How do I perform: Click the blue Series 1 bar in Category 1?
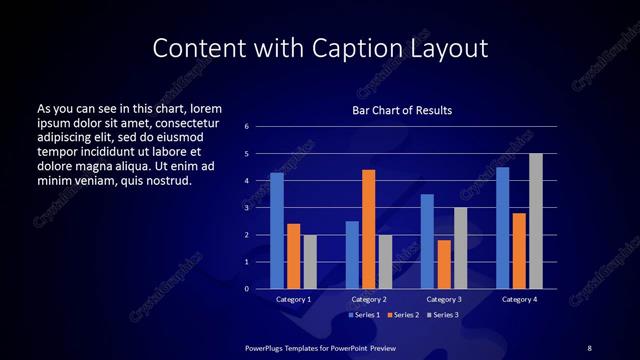click(276, 230)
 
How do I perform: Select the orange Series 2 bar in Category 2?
click(368, 229)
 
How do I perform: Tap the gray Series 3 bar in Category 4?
click(536, 221)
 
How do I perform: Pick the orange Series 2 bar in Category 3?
click(443, 264)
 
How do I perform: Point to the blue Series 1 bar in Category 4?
click(502, 227)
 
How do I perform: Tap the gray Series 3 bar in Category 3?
click(460, 248)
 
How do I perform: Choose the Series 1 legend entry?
click(364, 314)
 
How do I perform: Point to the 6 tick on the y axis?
click(247, 127)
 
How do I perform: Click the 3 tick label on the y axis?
click(247, 208)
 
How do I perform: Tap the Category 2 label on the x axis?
click(368, 299)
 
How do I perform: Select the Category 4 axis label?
click(519, 299)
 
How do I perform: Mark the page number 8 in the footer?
click(589, 347)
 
